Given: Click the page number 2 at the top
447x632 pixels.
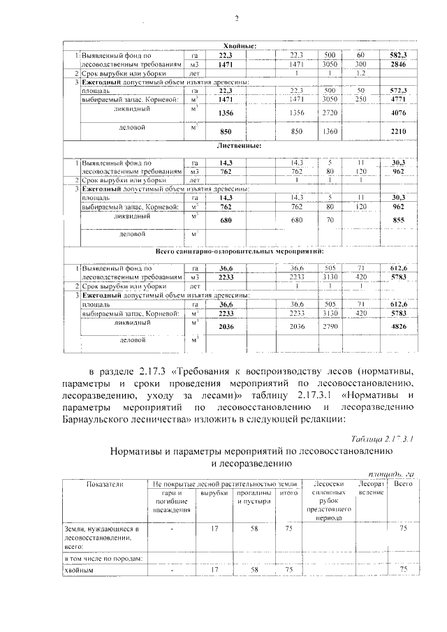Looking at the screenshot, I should pyautogui.click(x=237, y=19).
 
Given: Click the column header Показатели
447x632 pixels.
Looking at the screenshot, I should pyautogui.click(x=104, y=484).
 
